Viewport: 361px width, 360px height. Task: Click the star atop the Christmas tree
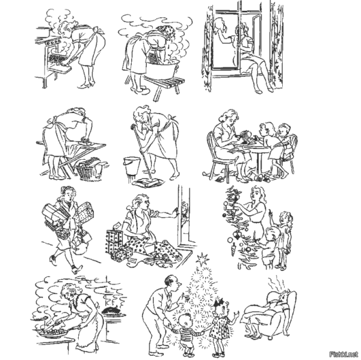pyautogui.click(x=202, y=260)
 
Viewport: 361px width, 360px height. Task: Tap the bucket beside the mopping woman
pyautogui.click(x=132, y=166)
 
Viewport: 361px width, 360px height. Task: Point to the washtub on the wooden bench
pyautogui.click(x=162, y=68)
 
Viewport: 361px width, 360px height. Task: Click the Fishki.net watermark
pyautogui.click(x=344, y=354)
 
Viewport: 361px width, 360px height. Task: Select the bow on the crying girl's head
pyautogui.click(x=218, y=302)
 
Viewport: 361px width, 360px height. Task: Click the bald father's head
pyautogui.click(x=173, y=284)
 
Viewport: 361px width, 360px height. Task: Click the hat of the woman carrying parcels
pyautogui.click(x=67, y=189)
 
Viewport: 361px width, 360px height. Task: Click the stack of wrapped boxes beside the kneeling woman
pyautogui.click(x=114, y=242)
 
